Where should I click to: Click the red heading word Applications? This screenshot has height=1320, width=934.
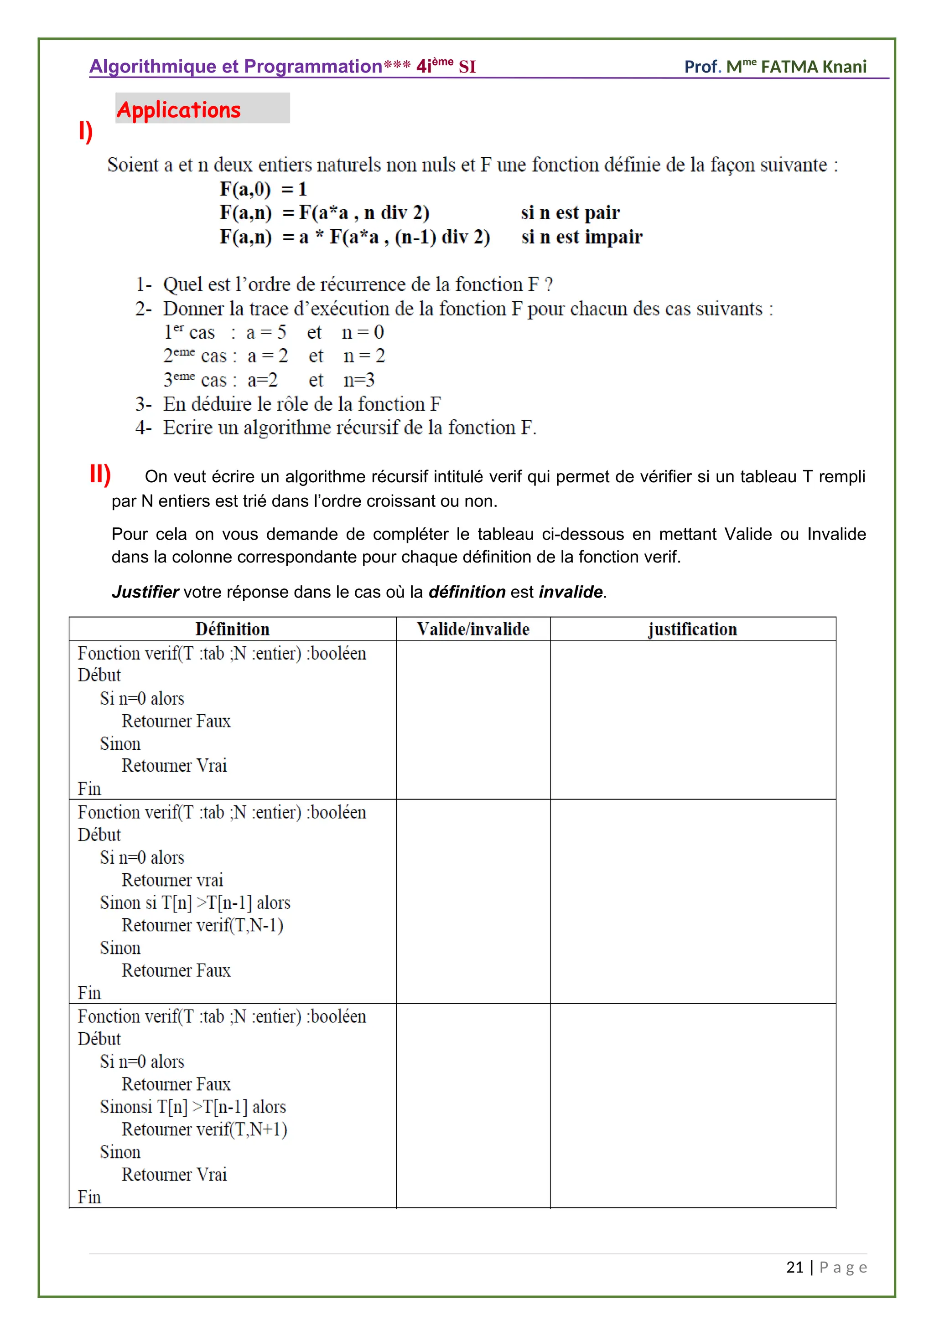(178, 110)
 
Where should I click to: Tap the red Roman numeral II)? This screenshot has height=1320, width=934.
(100, 475)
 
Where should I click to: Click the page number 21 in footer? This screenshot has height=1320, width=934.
(794, 1267)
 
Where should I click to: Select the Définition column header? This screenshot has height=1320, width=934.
(232, 629)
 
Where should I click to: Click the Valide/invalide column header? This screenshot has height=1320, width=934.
(473, 629)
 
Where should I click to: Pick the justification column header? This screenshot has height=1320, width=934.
(692, 629)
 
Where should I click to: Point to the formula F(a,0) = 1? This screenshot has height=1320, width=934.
(264, 189)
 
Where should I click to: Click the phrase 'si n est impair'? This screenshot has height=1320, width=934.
(581, 237)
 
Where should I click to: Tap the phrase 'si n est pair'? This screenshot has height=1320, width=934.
(570, 213)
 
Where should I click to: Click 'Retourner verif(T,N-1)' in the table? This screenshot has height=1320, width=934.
(202, 925)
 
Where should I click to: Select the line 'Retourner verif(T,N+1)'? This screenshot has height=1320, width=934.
(204, 1129)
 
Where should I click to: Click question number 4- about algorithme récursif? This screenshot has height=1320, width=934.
(143, 428)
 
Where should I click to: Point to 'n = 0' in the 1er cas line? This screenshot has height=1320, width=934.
(362, 332)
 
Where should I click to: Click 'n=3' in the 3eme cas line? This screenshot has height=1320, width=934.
(359, 380)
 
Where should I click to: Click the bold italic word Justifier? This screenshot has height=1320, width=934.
(145, 592)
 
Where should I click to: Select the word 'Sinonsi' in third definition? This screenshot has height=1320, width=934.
(126, 1107)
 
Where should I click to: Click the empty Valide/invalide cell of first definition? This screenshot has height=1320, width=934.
(473, 720)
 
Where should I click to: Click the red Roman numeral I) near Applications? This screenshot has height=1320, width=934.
(85, 131)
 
